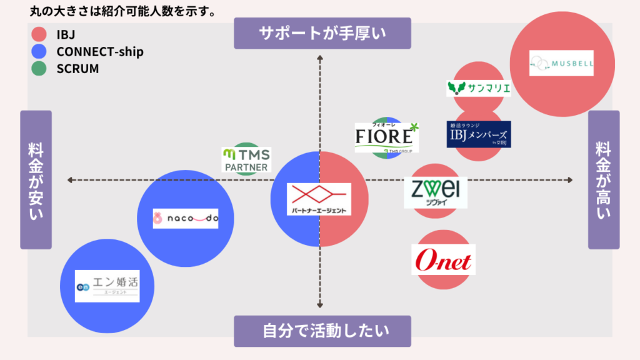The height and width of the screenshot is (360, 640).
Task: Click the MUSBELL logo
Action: pyautogui.click(x=561, y=63)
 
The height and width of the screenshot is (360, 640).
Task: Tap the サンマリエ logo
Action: pyautogui.click(x=479, y=88)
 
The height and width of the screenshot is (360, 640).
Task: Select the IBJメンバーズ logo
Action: pyautogui.click(x=479, y=134)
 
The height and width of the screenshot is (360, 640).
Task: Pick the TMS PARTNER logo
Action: pyautogui.click(x=246, y=160)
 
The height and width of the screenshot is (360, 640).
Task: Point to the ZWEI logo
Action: pyautogui.click(x=435, y=192)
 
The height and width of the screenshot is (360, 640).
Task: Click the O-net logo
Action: pyautogui.click(x=444, y=260)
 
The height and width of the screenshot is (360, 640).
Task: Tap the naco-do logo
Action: pyautogui.click(x=186, y=218)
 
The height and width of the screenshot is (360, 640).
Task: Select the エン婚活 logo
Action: pyautogui.click(x=107, y=286)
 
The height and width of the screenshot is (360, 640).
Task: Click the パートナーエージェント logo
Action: pyautogui.click(x=319, y=199)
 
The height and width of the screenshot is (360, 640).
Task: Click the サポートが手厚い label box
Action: pyautogui.click(x=322, y=33)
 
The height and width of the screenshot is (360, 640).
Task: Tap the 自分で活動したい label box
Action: pyautogui.click(x=322, y=331)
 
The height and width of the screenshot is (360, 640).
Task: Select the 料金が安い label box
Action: pyautogui.click(x=36, y=180)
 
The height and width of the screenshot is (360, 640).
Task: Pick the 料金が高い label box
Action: pyautogui.click(x=604, y=180)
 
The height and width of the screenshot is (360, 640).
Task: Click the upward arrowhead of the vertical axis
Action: pyautogui.click(x=320, y=58)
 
